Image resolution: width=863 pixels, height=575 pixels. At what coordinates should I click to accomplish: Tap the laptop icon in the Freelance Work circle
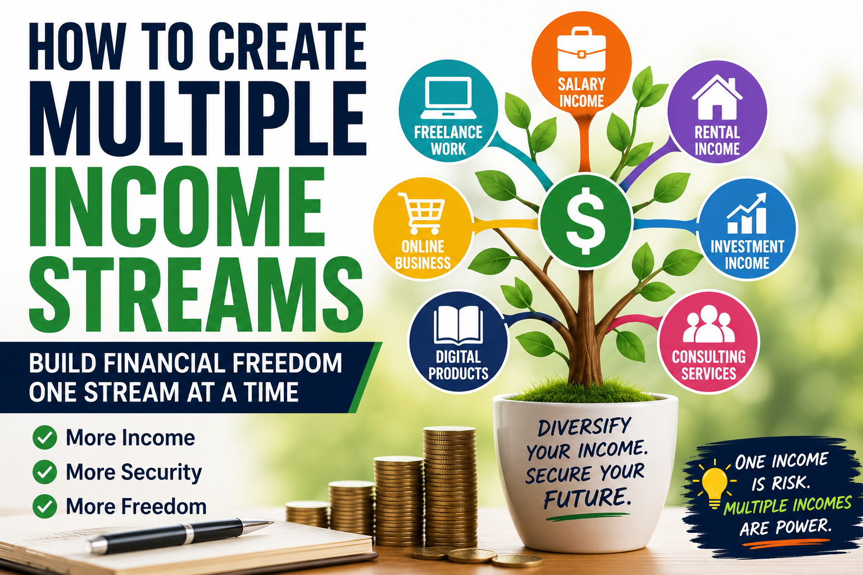point(448,98)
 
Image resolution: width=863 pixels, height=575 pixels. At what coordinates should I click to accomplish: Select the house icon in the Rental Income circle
point(717,97)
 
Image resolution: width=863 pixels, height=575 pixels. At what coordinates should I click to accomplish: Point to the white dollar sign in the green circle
point(585,221)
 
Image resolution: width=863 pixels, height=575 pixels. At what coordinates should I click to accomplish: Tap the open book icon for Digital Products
point(458,325)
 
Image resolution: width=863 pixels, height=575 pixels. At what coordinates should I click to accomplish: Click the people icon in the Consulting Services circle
point(708,324)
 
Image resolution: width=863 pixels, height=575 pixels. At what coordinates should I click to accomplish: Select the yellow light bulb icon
point(715,484)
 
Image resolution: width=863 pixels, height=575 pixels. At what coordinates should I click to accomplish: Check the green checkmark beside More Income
point(45,437)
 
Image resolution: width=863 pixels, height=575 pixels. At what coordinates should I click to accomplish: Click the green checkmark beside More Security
point(45,472)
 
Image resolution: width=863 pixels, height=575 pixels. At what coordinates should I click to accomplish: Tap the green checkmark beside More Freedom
point(45,506)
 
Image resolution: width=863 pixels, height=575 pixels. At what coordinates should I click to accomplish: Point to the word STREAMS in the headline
point(196,294)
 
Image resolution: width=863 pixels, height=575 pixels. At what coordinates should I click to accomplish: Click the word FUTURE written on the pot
point(588,497)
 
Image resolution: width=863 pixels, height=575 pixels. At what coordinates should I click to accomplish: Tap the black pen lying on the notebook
point(179,535)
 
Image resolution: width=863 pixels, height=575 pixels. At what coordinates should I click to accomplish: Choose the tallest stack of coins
point(449,487)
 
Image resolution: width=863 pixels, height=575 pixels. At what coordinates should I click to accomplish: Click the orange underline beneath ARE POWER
point(786,543)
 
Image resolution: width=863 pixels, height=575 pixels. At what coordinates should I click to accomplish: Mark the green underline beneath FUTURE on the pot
point(588,517)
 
